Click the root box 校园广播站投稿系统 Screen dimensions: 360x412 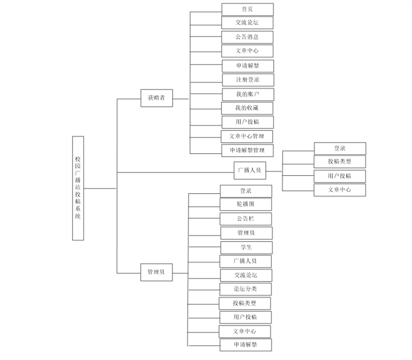[x=78, y=188]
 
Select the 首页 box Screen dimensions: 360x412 [x=247, y=9]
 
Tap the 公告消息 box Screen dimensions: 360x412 [x=247, y=37]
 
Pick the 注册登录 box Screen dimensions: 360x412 [x=248, y=80]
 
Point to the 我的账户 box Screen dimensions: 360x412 [x=248, y=94]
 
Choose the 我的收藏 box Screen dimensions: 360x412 [x=247, y=108]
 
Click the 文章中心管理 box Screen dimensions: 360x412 [x=247, y=136]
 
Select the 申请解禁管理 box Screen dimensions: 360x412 [x=247, y=151]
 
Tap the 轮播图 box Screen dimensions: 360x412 [x=246, y=204]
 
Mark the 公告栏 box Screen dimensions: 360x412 [x=246, y=218]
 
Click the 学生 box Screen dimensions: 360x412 [x=246, y=247]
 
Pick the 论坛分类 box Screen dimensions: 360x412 [x=245, y=289]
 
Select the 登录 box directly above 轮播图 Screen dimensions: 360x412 [x=246, y=191]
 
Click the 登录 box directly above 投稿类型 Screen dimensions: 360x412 [x=340, y=148]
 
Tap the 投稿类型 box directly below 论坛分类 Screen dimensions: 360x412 [x=245, y=303]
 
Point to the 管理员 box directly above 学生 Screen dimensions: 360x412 [x=246, y=233]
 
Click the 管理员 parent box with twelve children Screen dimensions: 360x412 [x=156, y=272]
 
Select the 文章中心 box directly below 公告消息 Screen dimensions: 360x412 [x=247, y=51]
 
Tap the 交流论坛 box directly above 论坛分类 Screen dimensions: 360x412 [x=246, y=275]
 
